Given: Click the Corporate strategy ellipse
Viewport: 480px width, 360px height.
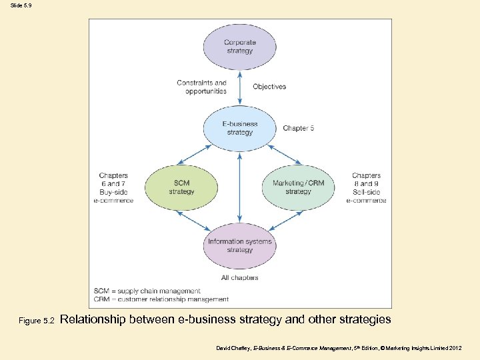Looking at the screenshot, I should tap(239, 46).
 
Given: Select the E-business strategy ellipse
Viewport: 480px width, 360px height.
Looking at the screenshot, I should tap(239, 128).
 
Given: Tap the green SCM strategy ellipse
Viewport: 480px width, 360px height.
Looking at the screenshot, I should tap(181, 187).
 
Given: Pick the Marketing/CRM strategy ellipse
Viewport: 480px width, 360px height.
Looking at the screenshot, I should tap(298, 187).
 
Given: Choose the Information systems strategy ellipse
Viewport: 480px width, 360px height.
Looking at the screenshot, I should tap(239, 245).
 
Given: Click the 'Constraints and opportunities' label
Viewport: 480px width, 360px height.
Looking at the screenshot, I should tap(201, 87).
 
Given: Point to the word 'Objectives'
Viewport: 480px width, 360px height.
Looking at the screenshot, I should tap(269, 87).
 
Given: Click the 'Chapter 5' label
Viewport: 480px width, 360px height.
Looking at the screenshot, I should tap(299, 128).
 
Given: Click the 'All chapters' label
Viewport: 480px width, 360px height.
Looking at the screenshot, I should tap(239, 277).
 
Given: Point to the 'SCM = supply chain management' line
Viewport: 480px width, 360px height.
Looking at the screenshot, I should tap(147, 291).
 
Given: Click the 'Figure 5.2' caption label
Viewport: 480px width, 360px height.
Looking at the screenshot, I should tap(36, 321).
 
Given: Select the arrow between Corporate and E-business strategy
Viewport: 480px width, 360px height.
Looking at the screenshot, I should tap(239, 86).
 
